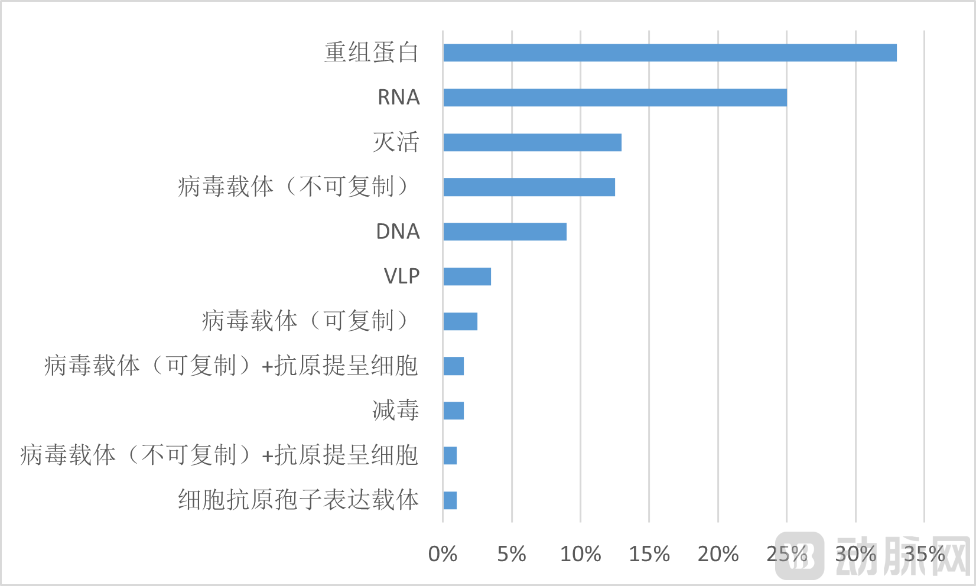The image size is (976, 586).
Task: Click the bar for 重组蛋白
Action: click(669, 53)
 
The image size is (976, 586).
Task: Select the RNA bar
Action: click(614, 97)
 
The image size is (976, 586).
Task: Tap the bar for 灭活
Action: click(532, 142)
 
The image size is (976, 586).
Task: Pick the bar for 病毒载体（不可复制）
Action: click(529, 187)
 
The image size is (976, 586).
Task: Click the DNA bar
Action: click(505, 232)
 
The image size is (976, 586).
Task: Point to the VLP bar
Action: click(467, 276)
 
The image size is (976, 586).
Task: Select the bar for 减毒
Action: click(453, 411)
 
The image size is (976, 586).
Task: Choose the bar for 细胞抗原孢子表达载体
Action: click(450, 500)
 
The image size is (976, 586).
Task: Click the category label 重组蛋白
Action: click(371, 53)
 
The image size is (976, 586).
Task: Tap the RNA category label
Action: click(398, 97)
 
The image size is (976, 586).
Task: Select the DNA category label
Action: click(398, 232)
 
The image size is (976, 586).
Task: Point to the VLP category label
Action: click(402, 276)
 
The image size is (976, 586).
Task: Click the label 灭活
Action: click(396, 142)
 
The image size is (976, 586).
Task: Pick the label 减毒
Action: click(396, 411)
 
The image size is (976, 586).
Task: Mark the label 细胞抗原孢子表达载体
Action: click(298, 500)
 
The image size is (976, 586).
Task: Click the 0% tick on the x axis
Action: click(443, 554)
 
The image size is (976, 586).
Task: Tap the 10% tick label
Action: click(580, 554)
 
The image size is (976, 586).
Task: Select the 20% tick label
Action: click(718, 554)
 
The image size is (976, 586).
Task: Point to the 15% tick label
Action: click(649, 554)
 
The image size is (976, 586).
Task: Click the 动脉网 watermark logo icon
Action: click(799, 555)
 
